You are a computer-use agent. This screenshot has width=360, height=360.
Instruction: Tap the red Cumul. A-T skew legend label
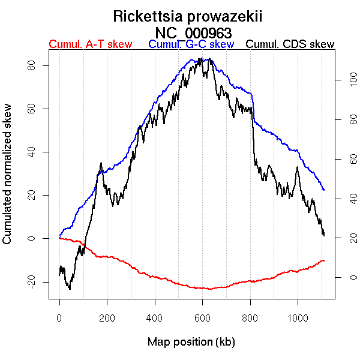[x=90, y=44]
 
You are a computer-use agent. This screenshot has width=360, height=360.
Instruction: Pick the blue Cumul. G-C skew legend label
[x=191, y=44]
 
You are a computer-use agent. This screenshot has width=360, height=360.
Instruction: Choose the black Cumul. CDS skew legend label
[x=290, y=44]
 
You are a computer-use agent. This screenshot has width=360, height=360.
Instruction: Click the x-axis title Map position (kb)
[x=191, y=343]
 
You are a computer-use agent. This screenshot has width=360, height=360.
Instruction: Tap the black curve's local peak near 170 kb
[x=101, y=163]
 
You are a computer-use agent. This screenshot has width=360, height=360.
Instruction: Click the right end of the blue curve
[x=324, y=190]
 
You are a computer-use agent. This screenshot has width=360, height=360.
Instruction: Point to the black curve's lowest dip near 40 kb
[x=70, y=289]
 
